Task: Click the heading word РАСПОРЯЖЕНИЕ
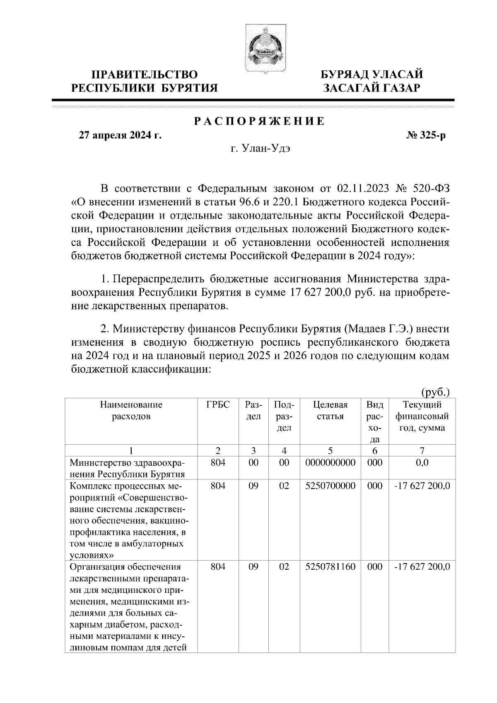(x=260, y=121)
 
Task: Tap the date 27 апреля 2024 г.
(x=120, y=135)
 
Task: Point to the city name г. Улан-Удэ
(x=261, y=149)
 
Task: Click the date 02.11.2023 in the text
(x=363, y=189)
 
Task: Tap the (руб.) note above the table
(x=435, y=392)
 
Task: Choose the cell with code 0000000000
(x=330, y=463)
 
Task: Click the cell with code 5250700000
(x=330, y=486)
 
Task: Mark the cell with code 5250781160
(x=330, y=567)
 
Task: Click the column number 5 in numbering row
(x=330, y=451)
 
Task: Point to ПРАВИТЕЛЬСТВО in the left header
(x=144, y=75)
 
